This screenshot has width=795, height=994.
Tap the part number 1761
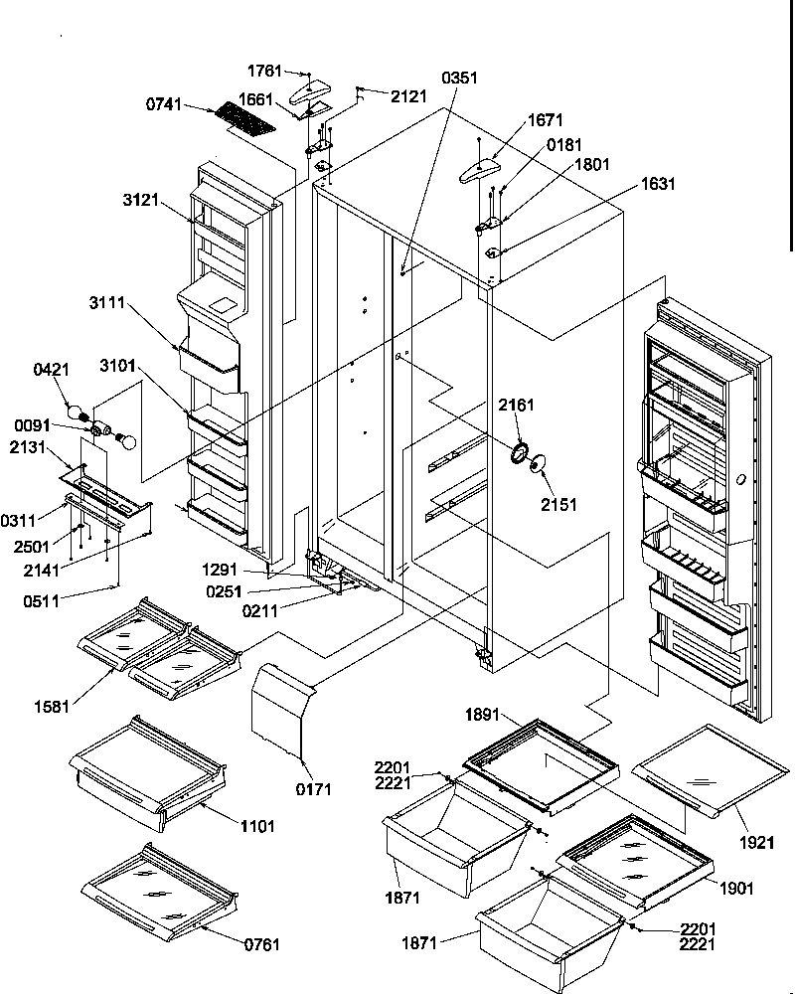264,72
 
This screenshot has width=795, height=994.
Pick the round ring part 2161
519,455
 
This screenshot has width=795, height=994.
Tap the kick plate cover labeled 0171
279,708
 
